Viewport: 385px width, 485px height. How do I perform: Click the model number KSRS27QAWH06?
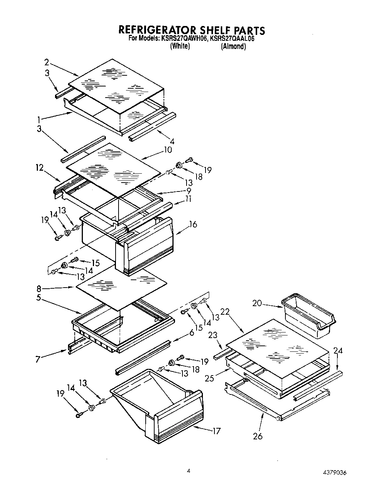184,38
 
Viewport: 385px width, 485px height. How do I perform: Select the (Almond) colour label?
233,47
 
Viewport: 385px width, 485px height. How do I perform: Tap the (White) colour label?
180,46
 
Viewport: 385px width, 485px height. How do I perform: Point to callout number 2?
46,62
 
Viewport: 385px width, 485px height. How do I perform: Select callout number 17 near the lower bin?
216,431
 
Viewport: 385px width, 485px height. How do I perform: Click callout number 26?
258,436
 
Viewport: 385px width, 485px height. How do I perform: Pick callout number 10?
168,150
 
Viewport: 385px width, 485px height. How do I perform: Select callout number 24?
338,350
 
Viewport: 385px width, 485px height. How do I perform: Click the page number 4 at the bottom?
188,471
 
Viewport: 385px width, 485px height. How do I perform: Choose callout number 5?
39,298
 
